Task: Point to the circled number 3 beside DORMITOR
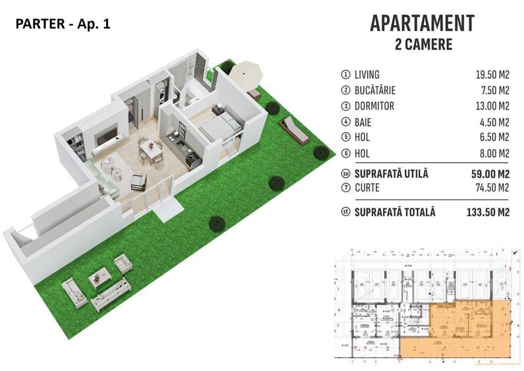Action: (x=344, y=106)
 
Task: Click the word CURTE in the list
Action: (x=367, y=188)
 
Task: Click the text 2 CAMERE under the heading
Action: (x=422, y=46)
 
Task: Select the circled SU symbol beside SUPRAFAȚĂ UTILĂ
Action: (x=344, y=174)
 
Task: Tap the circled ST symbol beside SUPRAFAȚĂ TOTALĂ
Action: (x=344, y=212)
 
